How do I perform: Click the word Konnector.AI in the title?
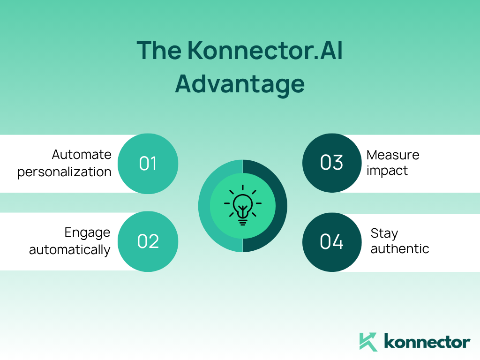[265, 51]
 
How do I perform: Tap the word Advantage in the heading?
[240, 85]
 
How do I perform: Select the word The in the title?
[159, 51]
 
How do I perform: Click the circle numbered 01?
[148, 164]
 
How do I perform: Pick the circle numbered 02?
[148, 241]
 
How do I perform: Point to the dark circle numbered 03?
[332, 163]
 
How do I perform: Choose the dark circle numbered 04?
[332, 242]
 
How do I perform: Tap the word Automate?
[82, 155]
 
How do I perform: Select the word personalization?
[64, 172]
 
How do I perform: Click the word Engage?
[87, 233]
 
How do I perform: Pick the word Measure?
[393, 155]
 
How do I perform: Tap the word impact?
[387, 171]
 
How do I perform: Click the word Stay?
[384, 233]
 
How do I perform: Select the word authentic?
[400, 249]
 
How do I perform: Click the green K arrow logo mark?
[368, 342]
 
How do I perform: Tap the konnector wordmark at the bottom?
[427, 342]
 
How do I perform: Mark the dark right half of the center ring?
[281, 206]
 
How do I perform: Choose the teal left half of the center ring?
[204, 206]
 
